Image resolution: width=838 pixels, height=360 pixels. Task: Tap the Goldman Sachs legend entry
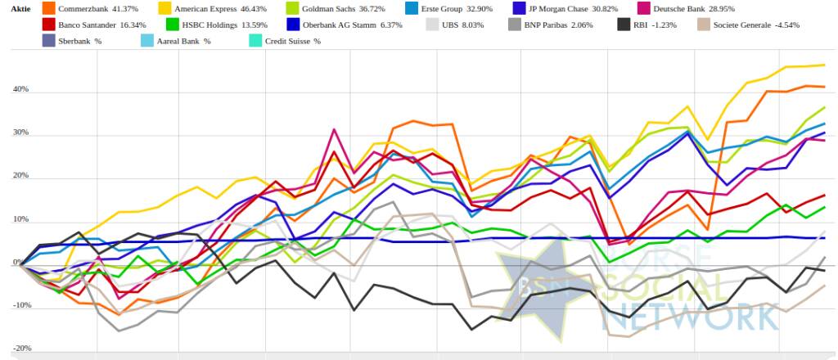pyautogui.click(x=336, y=8)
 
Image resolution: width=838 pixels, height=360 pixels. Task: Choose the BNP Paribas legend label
pyautogui.click(x=552, y=25)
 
